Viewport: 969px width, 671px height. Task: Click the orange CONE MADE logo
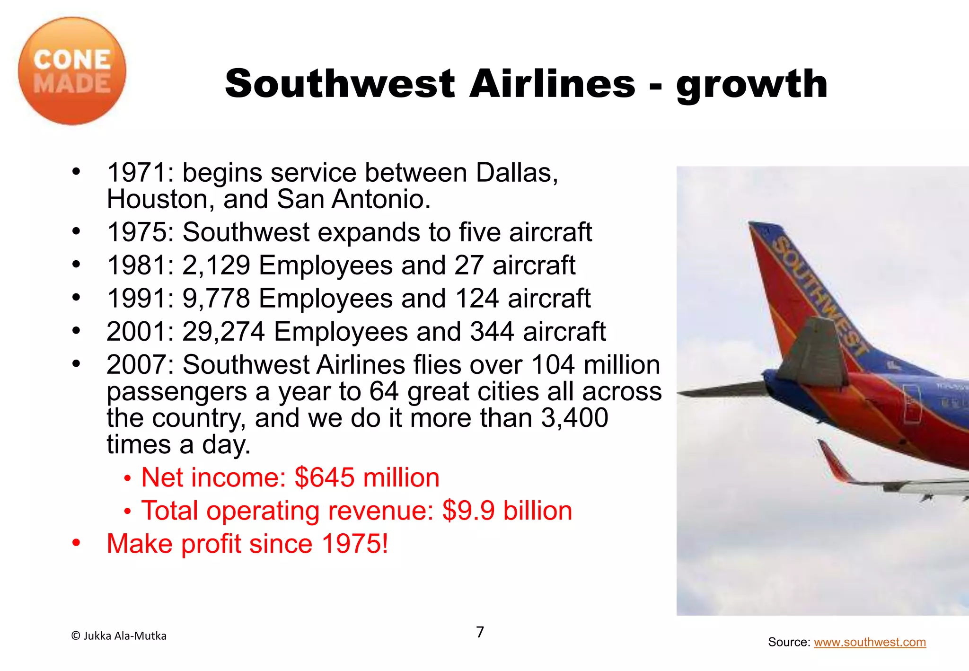[72, 71]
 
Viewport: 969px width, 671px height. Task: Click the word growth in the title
[752, 85]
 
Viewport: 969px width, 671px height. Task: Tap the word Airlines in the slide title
[552, 84]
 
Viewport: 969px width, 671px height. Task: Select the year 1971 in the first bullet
[137, 173]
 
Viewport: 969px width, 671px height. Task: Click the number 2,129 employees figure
[216, 265]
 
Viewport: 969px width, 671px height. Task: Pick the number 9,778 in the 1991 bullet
[216, 299]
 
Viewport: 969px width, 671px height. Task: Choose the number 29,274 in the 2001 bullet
[223, 332]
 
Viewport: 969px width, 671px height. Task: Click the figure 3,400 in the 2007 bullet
[574, 418]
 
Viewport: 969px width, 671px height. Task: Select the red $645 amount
[324, 477]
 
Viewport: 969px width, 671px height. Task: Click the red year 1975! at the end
[354, 544]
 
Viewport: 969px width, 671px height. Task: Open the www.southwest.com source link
[870, 642]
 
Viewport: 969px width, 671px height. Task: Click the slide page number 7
[480, 632]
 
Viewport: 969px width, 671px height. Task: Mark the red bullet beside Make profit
[76, 543]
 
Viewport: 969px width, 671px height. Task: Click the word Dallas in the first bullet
[517, 173]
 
